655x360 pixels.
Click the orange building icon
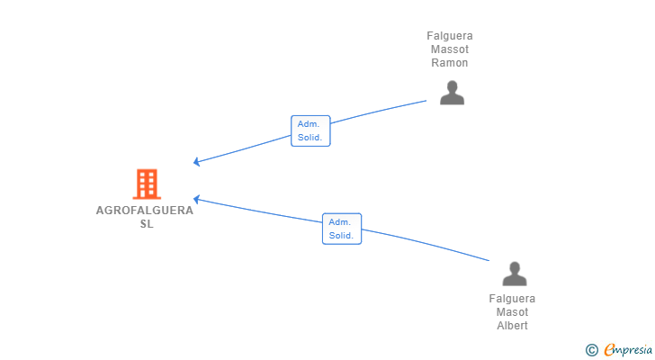(146, 184)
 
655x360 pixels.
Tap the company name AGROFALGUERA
(145, 211)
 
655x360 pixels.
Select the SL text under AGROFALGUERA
(146, 224)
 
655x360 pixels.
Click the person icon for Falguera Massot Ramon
(452, 93)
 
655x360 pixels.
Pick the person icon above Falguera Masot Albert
(514, 274)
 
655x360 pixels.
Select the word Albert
(512, 326)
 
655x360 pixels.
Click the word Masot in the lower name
(512, 312)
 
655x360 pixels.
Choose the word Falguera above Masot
(512, 299)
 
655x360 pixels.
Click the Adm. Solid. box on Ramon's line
(310, 131)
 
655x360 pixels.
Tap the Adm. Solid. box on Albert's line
(342, 229)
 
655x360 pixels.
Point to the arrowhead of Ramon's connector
(197, 163)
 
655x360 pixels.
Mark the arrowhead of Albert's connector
(196, 199)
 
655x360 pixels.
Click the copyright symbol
(591, 349)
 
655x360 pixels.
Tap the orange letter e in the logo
(609, 349)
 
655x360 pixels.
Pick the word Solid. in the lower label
(341, 236)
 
